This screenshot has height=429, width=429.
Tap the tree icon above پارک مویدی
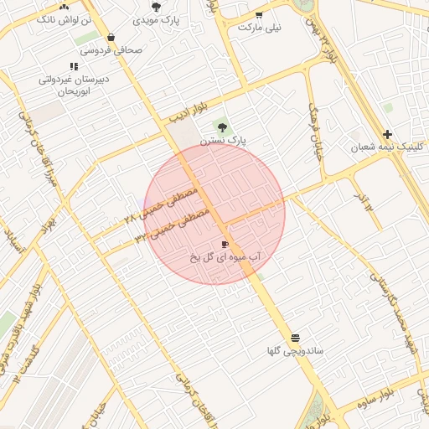[x=156, y=6]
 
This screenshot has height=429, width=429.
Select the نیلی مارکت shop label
[x=260, y=27]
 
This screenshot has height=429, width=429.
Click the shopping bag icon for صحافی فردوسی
[x=111, y=37]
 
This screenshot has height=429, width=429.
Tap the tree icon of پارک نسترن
[x=222, y=127]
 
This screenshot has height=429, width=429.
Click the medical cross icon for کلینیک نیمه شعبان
[x=387, y=134]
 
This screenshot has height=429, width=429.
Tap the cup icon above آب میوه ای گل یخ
[x=224, y=244]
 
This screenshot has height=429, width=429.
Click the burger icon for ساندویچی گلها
[x=295, y=338]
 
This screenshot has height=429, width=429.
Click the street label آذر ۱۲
[x=362, y=199]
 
